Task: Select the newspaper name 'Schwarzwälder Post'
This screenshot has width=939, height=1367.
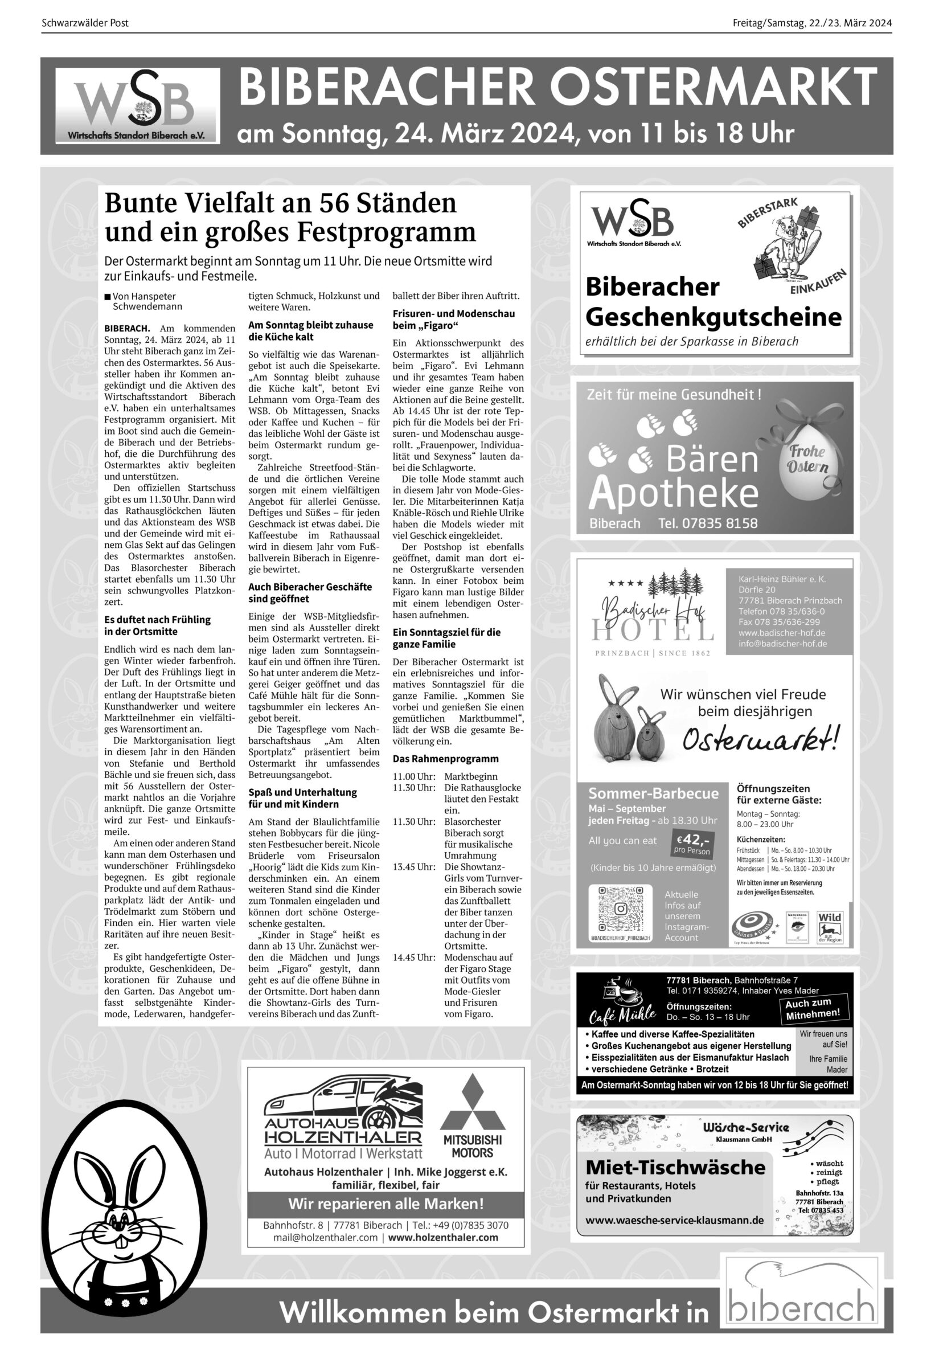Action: click(85, 23)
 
